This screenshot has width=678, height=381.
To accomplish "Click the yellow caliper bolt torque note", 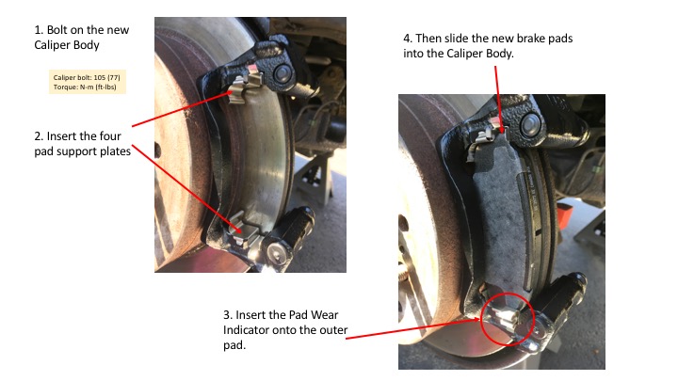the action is pyautogui.click(x=87, y=82).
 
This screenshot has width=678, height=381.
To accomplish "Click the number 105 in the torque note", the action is pyautogui.click(x=100, y=77).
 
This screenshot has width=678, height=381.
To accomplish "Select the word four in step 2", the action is pyautogui.click(x=110, y=136).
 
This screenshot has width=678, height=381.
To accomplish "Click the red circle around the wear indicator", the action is pyautogui.click(x=508, y=319).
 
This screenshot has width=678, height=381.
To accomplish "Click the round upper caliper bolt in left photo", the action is pyautogui.click(x=282, y=73).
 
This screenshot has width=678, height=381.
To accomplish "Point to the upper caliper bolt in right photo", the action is pyautogui.click(x=530, y=124).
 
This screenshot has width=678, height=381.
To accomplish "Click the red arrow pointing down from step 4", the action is pyautogui.click(x=498, y=99).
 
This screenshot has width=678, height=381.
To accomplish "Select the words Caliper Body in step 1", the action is pyautogui.click(x=67, y=45).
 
